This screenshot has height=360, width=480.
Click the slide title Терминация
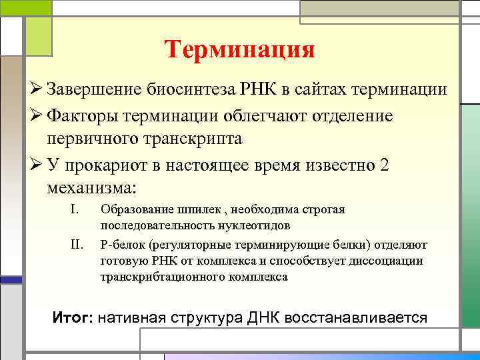coord(239,50)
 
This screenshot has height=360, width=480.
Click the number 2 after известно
coord(383,166)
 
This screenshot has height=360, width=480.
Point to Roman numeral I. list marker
coord(75,211)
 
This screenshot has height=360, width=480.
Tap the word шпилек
coord(202,211)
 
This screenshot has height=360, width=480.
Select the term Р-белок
coord(121,245)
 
